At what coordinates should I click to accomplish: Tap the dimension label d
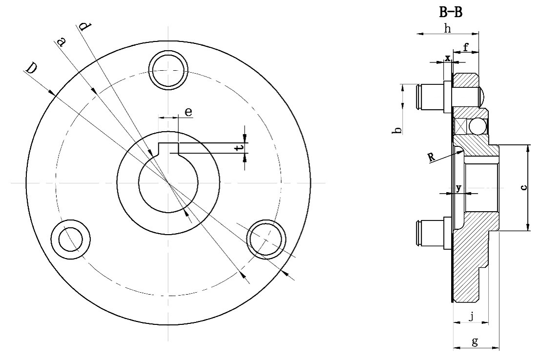click(84, 27)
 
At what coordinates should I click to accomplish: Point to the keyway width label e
click(188, 112)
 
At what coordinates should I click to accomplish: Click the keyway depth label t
click(237, 148)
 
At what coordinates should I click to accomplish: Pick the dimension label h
click(447, 28)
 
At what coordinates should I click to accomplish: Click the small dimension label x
click(447, 58)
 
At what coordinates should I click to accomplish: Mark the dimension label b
click(398, 130)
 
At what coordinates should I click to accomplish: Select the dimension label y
click(458, 187)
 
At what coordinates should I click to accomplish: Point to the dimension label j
click(471, 316)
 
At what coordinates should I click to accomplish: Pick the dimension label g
click(475, 341)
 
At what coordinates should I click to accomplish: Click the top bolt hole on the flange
click(168, 69)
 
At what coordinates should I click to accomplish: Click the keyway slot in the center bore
click(168, 147)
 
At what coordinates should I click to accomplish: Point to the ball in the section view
click(478, 127)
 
